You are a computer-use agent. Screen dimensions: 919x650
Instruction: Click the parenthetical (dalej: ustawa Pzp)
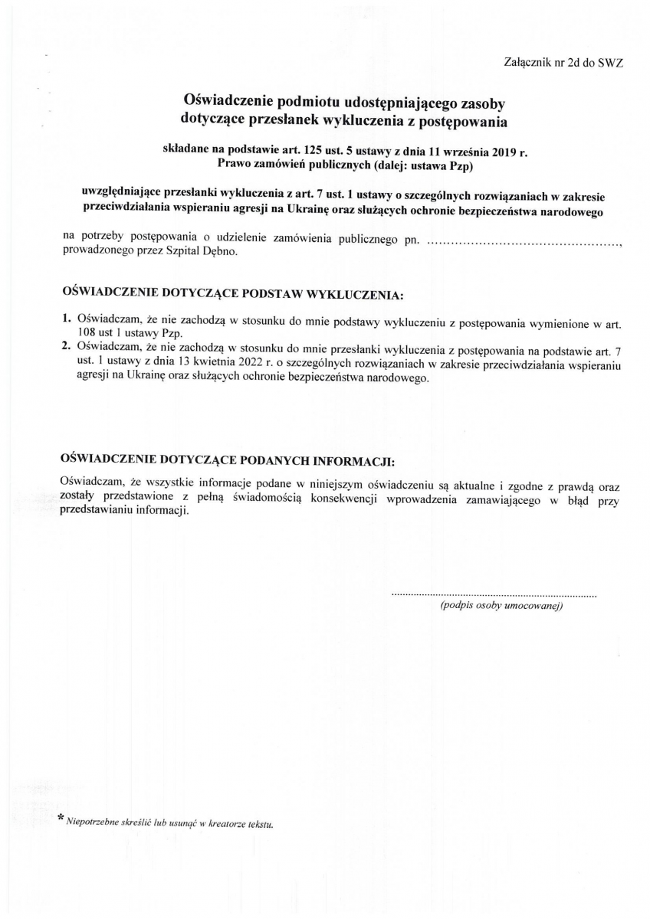(x=422, y=164)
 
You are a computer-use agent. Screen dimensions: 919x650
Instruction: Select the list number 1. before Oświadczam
(x=67, y=317)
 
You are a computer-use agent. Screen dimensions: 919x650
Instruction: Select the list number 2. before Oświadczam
(x=67, y=345)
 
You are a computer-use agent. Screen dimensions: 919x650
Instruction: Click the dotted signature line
(x=494, y=594)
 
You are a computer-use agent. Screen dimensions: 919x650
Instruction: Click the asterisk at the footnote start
(x=62, y=819)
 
